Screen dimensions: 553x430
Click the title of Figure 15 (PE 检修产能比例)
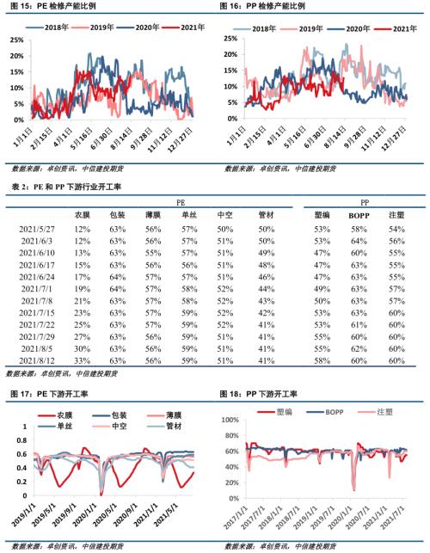coord(52,7)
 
